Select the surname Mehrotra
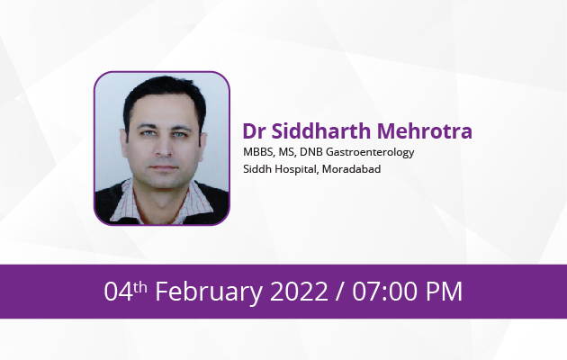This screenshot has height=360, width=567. click(425, 130)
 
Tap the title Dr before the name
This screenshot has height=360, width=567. click(254, 130)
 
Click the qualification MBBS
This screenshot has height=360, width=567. click(258, 152)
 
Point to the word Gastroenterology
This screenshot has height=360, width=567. click(370, 152)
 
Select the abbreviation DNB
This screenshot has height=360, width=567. click(311, 152)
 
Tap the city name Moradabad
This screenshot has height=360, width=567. click(351, 169)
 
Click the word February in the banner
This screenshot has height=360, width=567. click(209, 292)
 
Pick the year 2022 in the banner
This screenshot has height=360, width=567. click(299, 292)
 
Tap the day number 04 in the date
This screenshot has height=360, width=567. click(118, 292)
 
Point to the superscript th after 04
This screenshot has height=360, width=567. click(139, 287)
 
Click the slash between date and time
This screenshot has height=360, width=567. click(339, 292)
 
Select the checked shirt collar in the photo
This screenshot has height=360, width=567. click(161, 202)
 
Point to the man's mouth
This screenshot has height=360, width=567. click(164, 167)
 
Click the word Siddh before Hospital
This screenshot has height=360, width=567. click(257, 169)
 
